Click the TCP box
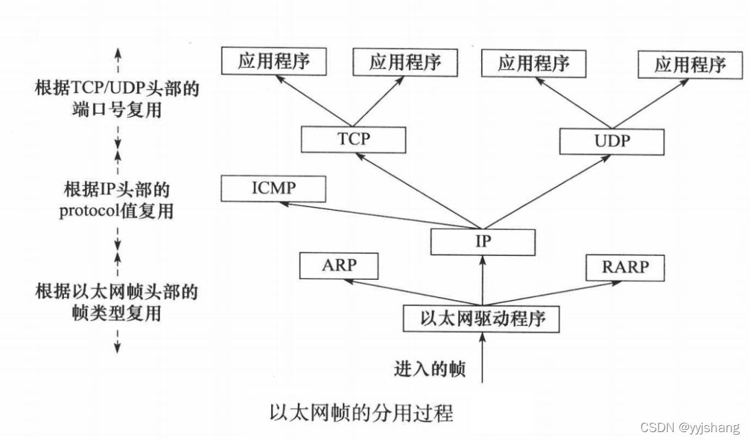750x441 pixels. click(x=353, y=140)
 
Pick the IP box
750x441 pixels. click(x=482, y=241)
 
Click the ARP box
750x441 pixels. click(x=339, y=265)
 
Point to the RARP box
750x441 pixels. click(x=625, y=267)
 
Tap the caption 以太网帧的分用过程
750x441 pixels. click(x=362, y=413)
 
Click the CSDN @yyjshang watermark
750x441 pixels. click(x=690, y=428)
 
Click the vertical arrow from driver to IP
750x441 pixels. click(x=482, y=280)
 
